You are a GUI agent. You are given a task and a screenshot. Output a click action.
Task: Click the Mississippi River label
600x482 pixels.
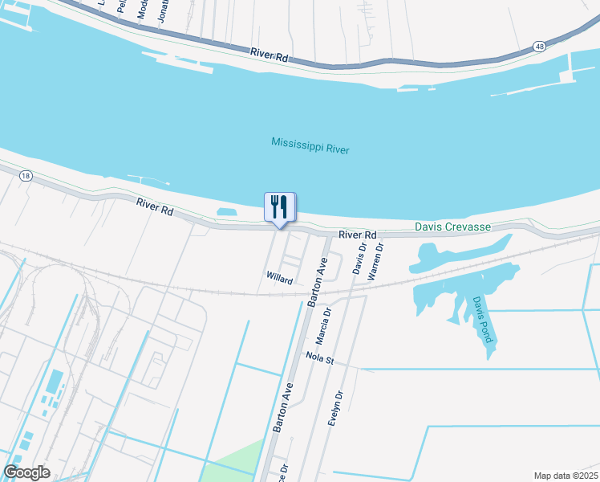pyautogui.click(x=310, y=145)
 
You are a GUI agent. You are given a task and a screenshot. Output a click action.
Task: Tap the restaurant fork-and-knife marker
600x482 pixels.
pyautogui.click(x=280, y=207)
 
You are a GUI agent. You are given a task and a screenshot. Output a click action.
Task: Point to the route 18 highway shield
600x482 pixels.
pyautogui.click(x=26, y=176)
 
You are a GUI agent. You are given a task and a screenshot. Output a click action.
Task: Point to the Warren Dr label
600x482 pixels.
pyautogui.click(x=375, y=259)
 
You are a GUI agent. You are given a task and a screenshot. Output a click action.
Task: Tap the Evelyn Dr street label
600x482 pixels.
pyautogui.click(x=335, y=408)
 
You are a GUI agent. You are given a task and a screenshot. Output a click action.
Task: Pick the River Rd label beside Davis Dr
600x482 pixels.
pyautogui.click(x=357, y=235)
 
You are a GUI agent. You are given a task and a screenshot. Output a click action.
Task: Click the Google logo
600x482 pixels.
pyautogui.click(x=26, y=472)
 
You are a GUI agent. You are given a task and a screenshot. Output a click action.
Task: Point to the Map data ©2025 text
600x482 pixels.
pyautogui.click(x=565, y=476)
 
